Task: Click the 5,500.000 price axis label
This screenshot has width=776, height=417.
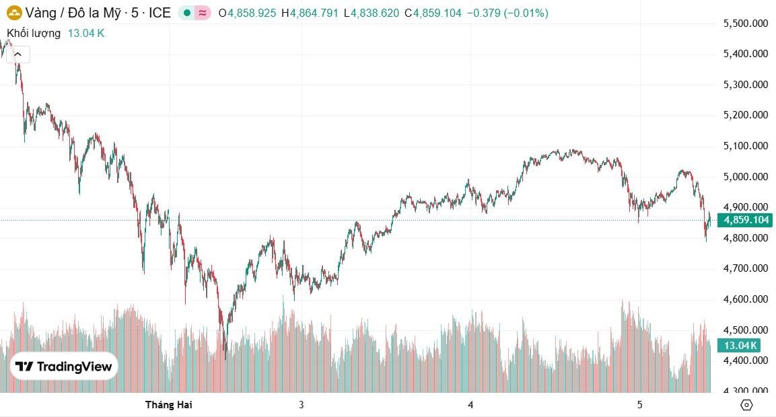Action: coord(745,24)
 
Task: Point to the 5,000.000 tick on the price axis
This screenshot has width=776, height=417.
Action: coord(745,177)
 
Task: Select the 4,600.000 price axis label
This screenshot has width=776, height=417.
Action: coord(745,299)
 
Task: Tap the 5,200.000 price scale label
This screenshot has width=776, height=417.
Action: coord(745,115)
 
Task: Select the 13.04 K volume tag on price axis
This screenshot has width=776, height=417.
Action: coord(740,346)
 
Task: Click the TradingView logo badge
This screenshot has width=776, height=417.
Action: coord(64,367)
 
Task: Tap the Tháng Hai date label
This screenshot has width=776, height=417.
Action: coord(169,404)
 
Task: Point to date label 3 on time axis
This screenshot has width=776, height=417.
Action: coord(302,404)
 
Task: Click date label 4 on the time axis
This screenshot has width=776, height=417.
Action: coord(470,404)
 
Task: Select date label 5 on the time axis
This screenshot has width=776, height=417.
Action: coord(639,404)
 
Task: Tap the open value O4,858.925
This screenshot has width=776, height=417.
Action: coord(247,13)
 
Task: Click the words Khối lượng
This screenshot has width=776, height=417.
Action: coord(34,33)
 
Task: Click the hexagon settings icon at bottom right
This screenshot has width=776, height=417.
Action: coord(746,404)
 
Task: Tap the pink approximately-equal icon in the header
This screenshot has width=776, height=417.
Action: coord(202,13)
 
